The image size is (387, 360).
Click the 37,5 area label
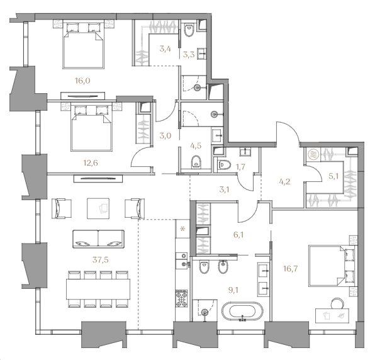point(101,260)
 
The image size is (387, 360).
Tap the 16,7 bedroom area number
point(291,268)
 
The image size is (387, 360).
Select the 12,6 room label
point(91,163)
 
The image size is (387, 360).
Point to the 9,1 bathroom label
point(233,290)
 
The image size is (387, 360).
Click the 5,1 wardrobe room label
point(334,176)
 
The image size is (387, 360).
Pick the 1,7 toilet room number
point(240,167)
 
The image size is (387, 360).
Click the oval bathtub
point(242,312)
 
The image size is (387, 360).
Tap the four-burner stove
point(182,298)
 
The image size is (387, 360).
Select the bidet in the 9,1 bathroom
point(224,267)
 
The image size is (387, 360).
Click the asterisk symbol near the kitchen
point(182,229)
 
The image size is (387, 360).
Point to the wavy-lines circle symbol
point(313,154)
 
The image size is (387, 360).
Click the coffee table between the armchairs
point(98,208)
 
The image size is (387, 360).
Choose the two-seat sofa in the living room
point(98,239)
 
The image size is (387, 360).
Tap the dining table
point(98,289)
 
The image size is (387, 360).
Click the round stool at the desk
point(337,303)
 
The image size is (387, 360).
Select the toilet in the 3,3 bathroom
point(189,30)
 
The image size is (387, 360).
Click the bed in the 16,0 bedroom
point(83,45)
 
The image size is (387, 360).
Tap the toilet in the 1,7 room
point(224,165)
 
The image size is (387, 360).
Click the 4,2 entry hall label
point(284,182)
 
